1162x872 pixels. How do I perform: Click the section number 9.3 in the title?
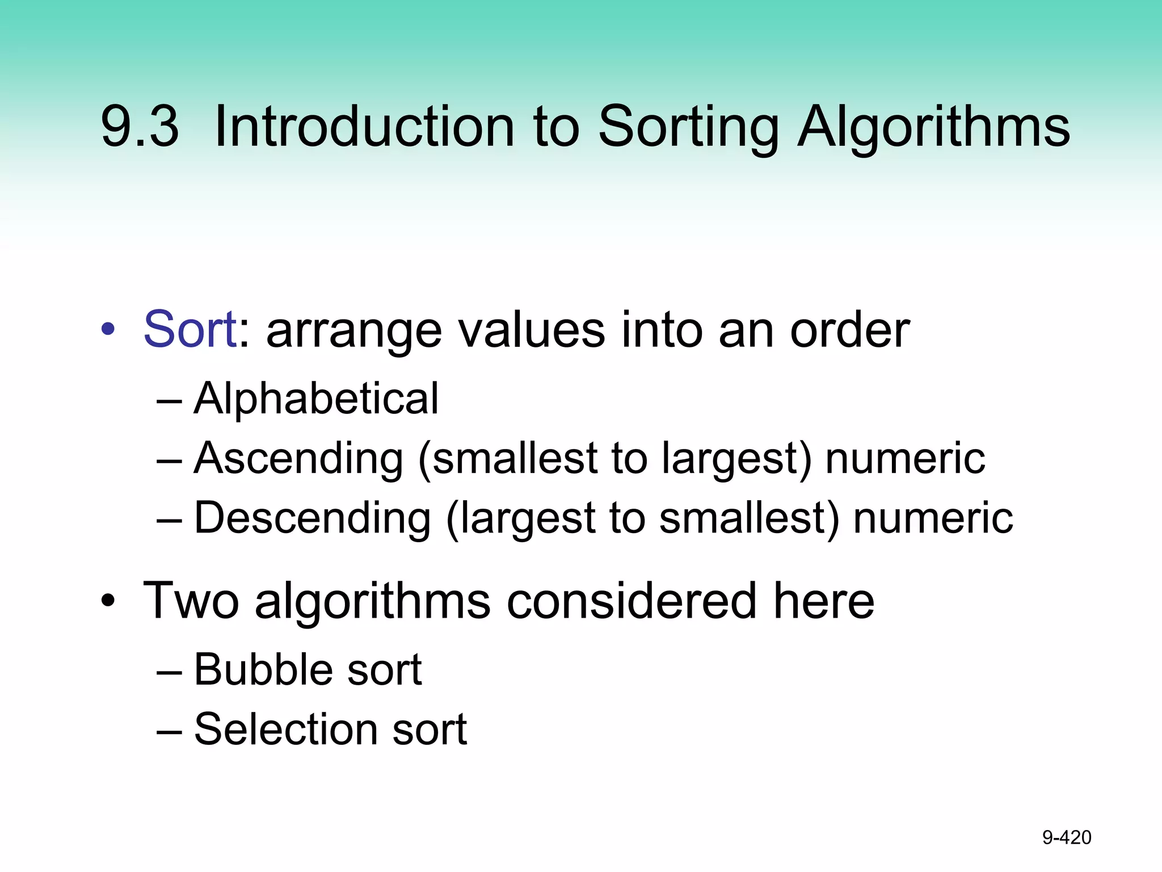click(140, 127)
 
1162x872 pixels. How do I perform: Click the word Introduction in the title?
click(364, 127)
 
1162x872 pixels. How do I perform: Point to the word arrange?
click(353, 332)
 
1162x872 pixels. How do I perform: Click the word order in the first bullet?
click(849, 330)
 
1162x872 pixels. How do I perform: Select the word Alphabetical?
click(316, 399)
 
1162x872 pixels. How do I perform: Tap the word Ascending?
click(298, 459)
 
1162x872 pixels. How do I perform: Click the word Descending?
click(313, 518)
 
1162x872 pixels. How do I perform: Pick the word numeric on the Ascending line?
click(905, 458)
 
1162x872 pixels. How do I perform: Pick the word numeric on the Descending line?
click(933, 518)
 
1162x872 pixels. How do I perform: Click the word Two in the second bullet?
click(191, 601)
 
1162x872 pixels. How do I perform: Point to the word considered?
click(631, 601)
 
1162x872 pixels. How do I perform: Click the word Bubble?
click(263, 669)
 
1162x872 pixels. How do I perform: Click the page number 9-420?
click(1067, 837)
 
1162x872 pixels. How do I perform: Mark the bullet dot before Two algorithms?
click(108, 601)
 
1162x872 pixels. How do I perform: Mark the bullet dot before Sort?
click(108, 329)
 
